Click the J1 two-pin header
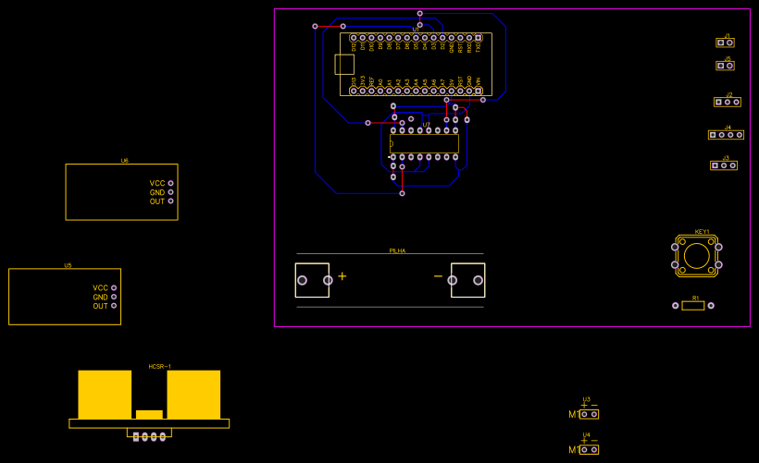[725, 43]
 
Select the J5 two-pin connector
[725, 66]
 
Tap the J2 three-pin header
[727, 102]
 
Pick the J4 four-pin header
[726, 135]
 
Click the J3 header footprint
[724, 165]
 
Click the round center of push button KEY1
[697, 255]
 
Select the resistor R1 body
[692, 306]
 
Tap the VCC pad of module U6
[170, 183]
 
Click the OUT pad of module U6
[170, 201]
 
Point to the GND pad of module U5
[114, 297]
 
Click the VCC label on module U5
[100, 288]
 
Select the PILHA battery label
[397, 250]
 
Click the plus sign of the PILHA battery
[342, 276]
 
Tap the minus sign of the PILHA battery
[438, 276]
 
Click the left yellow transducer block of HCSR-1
[105, 395]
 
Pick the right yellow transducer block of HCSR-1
[193, 395]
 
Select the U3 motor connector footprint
[589, 414]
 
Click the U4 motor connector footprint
[589, 449]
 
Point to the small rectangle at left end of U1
[344, 64]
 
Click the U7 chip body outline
[425, 144]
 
